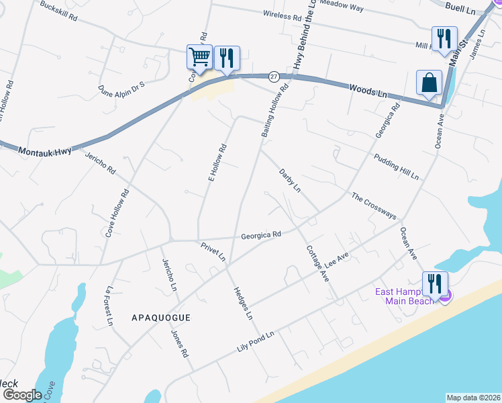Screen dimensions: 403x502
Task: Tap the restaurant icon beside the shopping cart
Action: click(x=227, y=58)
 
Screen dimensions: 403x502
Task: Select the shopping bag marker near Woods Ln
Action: click(x=429, y=83)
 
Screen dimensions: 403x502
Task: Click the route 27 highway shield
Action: click(x=274, y=76)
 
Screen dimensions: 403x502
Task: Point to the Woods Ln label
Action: click(x=368, y=91)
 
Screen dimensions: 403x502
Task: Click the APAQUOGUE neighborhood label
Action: click(x=161, y=318)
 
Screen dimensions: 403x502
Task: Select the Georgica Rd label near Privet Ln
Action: click(x=261, y=235)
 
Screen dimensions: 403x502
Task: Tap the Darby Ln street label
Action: click(x=290, y=181)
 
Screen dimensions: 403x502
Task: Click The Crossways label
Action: click(x=374, y=206)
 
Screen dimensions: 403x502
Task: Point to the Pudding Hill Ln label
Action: click(x=396, y=167)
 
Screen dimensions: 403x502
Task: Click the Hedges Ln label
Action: click(x=242, y=303)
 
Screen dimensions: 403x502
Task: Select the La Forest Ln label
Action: click(x=108, y=306)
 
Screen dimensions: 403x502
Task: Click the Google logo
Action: click(x=21, y=395)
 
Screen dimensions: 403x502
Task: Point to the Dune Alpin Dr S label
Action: click(x=121, y=88)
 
